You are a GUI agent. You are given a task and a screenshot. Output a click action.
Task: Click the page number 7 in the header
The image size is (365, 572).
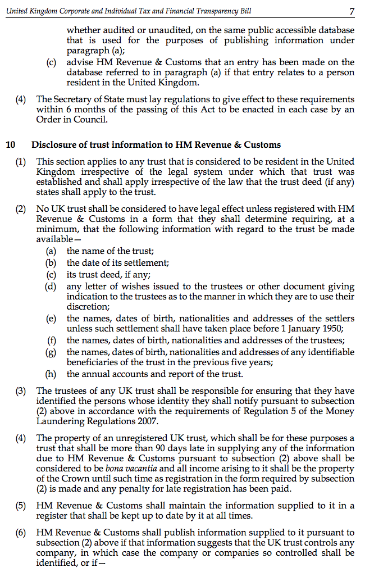[x=352, y=11]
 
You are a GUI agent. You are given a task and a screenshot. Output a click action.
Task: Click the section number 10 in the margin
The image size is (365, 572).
[x=11, y=145]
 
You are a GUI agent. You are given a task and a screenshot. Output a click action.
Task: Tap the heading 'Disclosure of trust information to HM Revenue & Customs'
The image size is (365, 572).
[x=156, y=145]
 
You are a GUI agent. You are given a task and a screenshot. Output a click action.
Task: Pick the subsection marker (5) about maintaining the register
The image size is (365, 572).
[x=21, y=506]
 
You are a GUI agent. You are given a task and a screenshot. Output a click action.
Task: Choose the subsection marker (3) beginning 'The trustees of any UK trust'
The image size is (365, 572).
[x=21, y=391]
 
